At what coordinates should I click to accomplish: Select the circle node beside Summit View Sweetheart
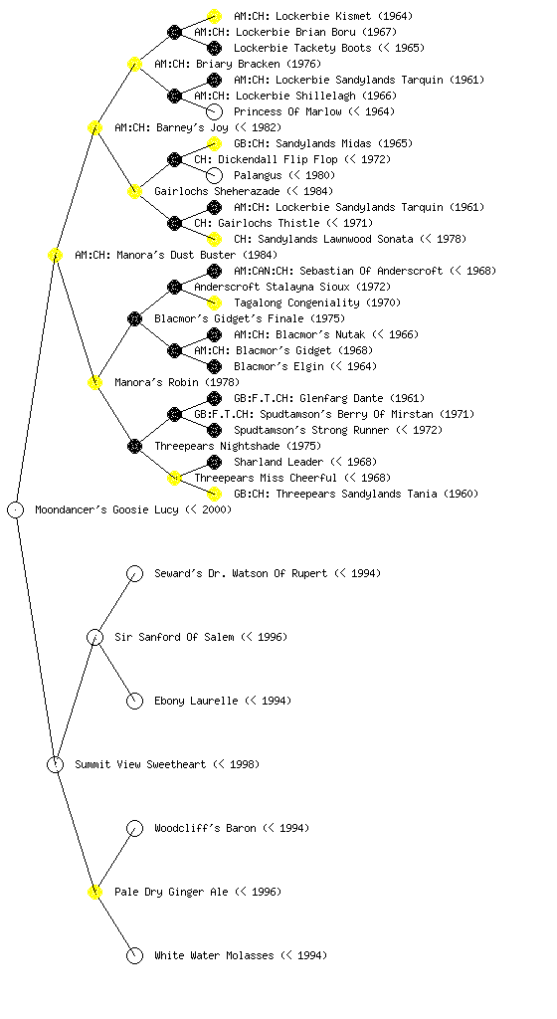(55, 764)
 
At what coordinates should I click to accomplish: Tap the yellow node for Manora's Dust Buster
(55, 255)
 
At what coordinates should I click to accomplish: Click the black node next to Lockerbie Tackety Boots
(214, 48)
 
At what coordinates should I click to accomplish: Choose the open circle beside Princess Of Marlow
(214, 111)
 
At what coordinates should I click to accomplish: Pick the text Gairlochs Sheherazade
(217, 192)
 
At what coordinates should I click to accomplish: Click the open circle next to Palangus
(214, 175)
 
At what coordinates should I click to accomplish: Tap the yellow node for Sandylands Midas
(214, 143)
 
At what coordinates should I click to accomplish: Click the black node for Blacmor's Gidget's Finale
(134, 318)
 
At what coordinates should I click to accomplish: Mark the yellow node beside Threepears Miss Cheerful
(174, 479)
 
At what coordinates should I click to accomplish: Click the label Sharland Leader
(278, 462)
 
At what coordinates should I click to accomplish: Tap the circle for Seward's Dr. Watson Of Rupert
(134, 573)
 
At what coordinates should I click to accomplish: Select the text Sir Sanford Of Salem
(174, 638)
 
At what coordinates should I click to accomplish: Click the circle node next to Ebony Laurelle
(134, 701)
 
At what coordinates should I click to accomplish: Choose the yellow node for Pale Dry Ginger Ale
(94, 892)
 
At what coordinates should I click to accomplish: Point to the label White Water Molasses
(214, 955)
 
